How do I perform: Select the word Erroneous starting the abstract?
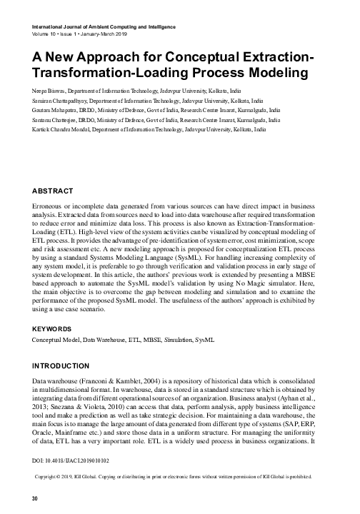(x=51, y=206)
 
